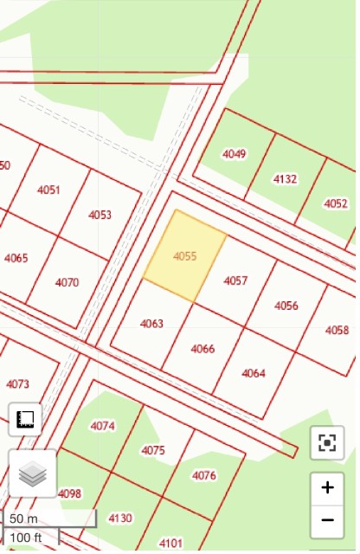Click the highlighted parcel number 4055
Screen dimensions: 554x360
[185, 256]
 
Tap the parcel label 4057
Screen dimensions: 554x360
[235, 280]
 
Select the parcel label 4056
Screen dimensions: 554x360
[286, 306]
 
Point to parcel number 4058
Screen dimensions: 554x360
[337, 330]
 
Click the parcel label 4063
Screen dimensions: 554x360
[151, 324]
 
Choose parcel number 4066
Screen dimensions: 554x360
[202, 349]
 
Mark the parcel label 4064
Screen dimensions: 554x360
[254, 373]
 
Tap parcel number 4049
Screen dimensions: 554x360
[234, 154]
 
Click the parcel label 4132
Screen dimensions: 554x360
[285, 179]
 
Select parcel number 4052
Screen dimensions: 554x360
[336, 203]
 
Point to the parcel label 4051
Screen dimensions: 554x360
[49, 190]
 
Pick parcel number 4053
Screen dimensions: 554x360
[100, 215]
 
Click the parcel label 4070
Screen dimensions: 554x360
[67, 282]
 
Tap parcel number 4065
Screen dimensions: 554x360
[16, 258]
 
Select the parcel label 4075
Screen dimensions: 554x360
[152, 450]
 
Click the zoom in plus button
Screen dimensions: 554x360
[327, 487]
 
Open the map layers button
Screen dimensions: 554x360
[32, 473]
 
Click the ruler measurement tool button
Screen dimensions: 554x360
[25, 420]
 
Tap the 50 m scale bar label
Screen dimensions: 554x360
[24, 519]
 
